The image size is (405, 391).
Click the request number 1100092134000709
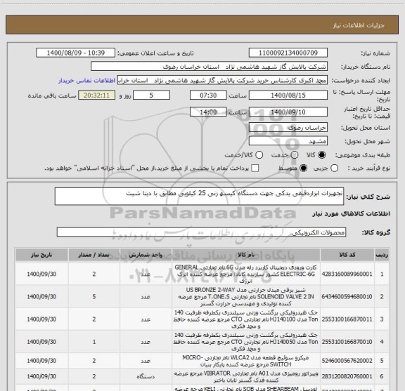point(283,53)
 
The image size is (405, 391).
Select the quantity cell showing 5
point(94,297)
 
